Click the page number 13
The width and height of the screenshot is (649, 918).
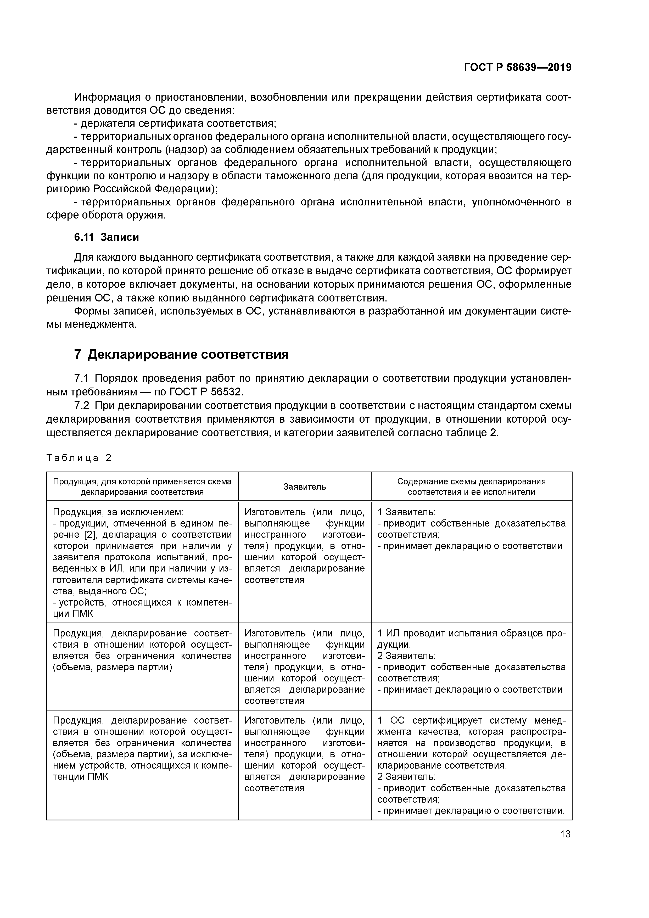pyautogui.click(x=565, y=834)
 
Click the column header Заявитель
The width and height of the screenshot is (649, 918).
pyautogui.click(x=304, y=486)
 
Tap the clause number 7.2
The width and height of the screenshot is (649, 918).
pyautogui.click(x=83, y=405)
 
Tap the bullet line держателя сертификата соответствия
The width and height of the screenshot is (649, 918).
pyautogui.click(x=178, y=124)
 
